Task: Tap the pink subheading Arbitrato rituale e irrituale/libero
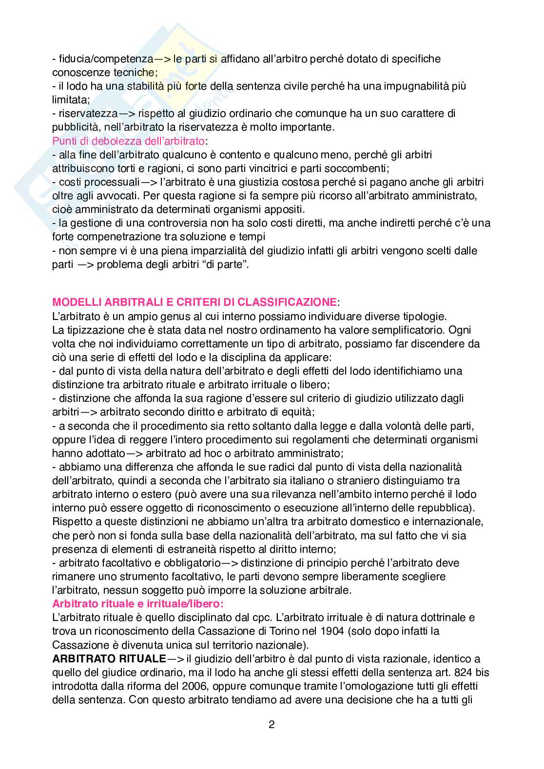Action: click(137, 604)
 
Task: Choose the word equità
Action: click(274, 412)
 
